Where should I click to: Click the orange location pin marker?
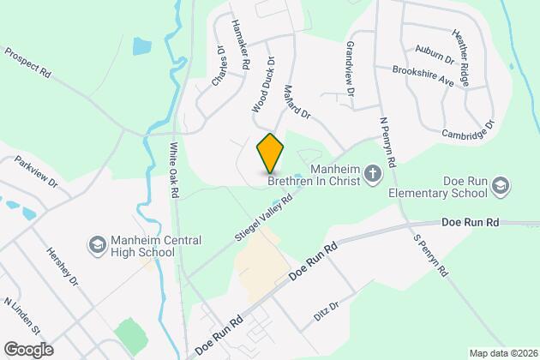click(x=270, y=153)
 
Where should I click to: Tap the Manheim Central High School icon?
click(x=97, y=246)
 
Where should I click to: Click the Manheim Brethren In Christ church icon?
click(x=373, y=174)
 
